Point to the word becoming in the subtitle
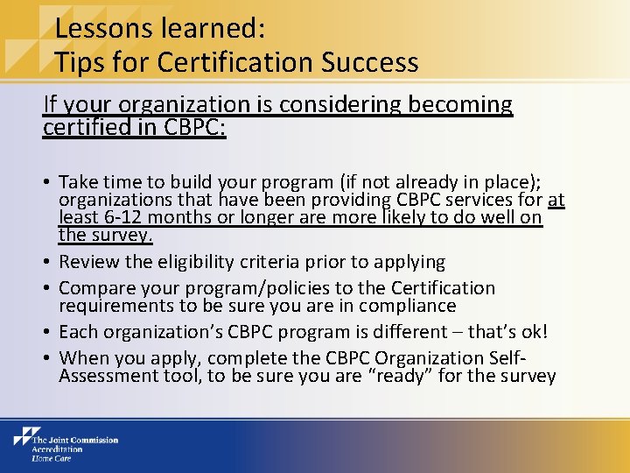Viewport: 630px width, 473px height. point(468,104)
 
